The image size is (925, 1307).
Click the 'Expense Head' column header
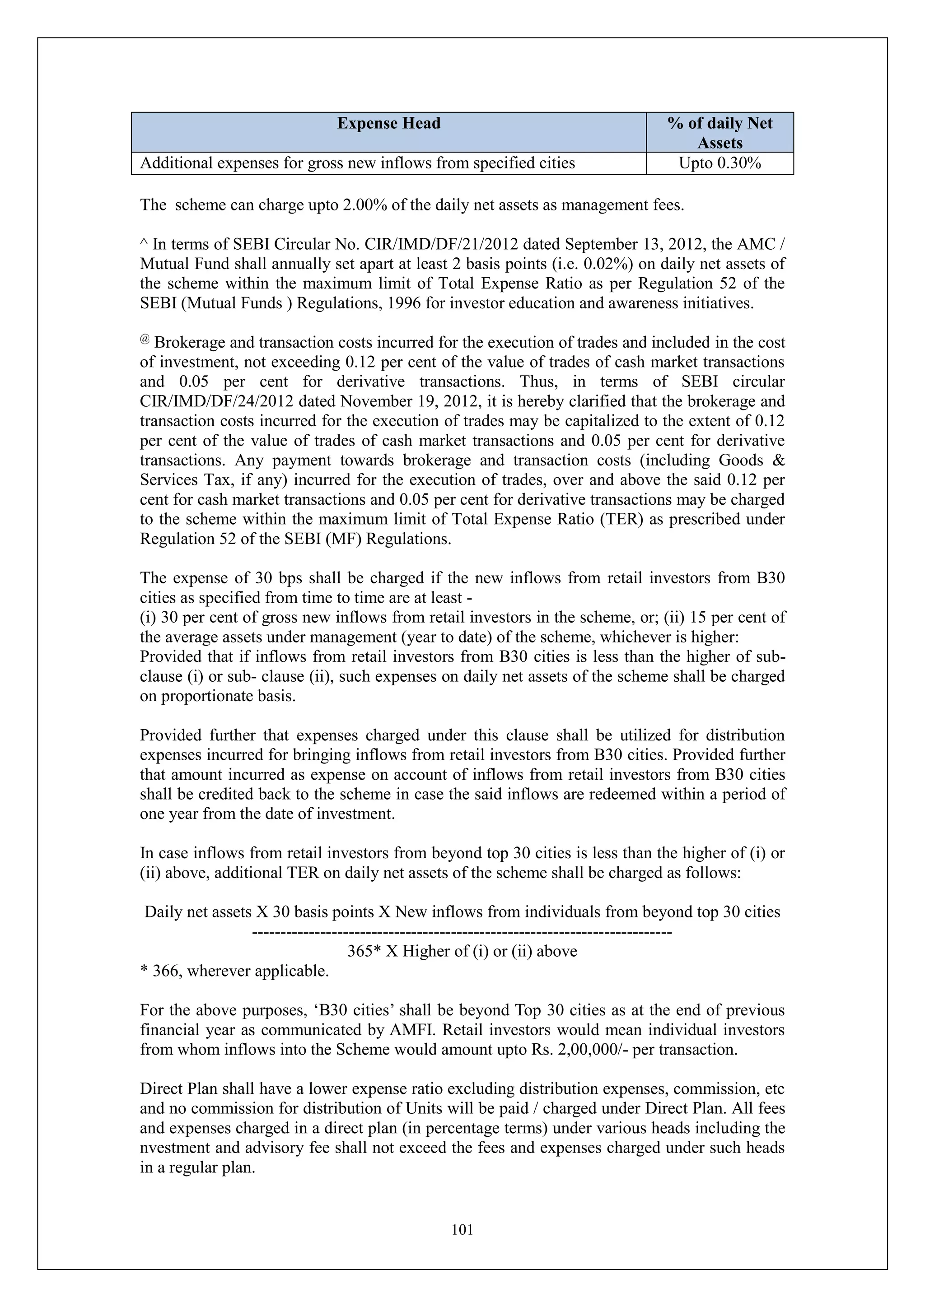click(388, 124)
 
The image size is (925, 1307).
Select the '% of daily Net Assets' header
click(719, 133)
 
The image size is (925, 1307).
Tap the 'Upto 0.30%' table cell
click(719, 163)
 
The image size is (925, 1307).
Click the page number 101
click(462, 1230)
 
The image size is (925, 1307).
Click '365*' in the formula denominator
click(364, 951)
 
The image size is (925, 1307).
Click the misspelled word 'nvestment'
click(177, 1148)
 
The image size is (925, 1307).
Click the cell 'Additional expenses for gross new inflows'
click(357, 163)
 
